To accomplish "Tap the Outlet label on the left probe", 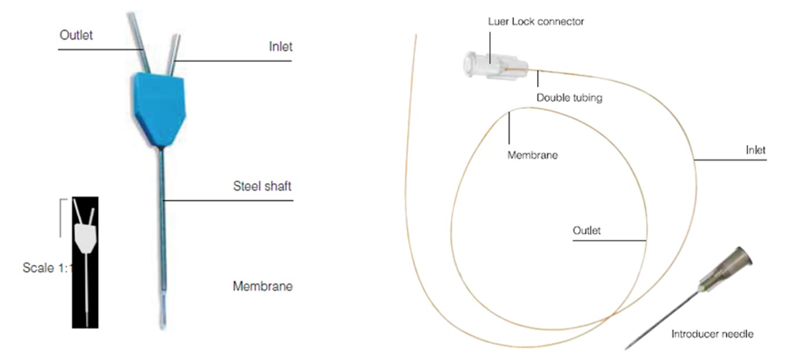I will [x=76, y=35].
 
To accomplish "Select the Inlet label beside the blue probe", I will [x=280, y=46].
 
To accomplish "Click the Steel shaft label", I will [x=262, y=187].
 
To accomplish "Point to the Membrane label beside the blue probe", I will [x=262, y=286].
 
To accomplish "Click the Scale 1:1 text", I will [x=46, y=268].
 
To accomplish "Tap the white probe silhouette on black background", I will [x=85, y=238].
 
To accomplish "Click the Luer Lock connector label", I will [x=536, y=22].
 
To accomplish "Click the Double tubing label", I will [x=569, y=98].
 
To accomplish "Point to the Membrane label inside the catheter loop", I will [x=532, y=155].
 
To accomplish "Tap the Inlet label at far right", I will [x=756, y=150].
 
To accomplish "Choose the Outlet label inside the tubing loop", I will [x=586, y=231].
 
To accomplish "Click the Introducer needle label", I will [x=712, y=334].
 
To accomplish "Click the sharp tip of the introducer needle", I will [x=627, y=348].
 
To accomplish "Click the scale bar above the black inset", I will [x=60, y=217].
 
